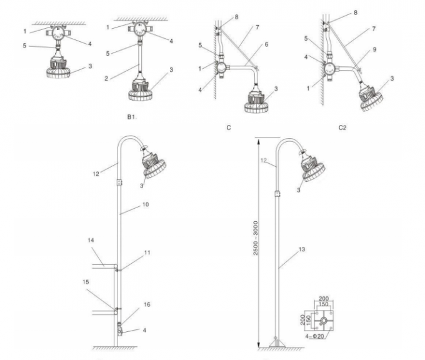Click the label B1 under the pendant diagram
click(x=132, y=116)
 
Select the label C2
click(x=342, y=127)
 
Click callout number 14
click(x=90, y=240)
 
